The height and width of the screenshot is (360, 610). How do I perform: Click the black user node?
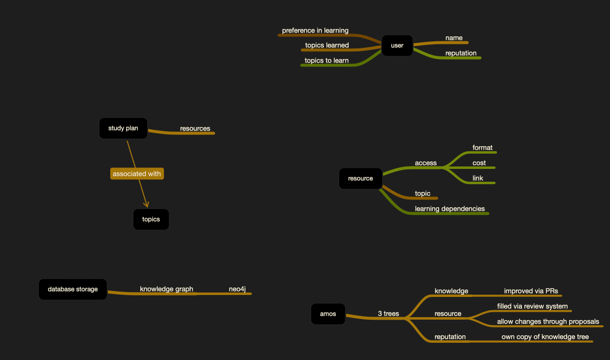397,45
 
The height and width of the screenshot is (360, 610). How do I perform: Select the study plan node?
123,129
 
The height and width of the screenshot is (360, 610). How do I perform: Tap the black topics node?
151,219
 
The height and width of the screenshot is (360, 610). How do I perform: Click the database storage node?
73,289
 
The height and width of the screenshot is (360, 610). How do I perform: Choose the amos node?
328,314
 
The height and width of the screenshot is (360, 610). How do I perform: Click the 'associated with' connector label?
137,174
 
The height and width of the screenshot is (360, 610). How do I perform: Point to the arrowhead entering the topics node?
146,204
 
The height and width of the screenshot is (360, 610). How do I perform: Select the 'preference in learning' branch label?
315,31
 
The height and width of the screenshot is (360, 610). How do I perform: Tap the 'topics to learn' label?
326,61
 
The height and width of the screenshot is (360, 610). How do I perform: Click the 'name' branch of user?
454,38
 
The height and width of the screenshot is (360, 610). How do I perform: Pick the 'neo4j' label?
237,289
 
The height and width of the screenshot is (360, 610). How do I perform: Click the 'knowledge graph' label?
166,289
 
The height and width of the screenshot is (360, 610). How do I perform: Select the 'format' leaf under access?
482,148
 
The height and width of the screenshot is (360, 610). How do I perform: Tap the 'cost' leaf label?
479,163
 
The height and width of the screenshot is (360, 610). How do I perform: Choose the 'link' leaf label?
478,178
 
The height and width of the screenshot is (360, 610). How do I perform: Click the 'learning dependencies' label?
449,209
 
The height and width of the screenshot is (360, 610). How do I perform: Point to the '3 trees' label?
388,314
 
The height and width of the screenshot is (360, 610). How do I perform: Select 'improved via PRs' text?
531,291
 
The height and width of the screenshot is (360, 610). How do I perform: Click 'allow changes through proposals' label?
548,322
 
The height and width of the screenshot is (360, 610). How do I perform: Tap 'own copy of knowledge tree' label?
545,337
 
